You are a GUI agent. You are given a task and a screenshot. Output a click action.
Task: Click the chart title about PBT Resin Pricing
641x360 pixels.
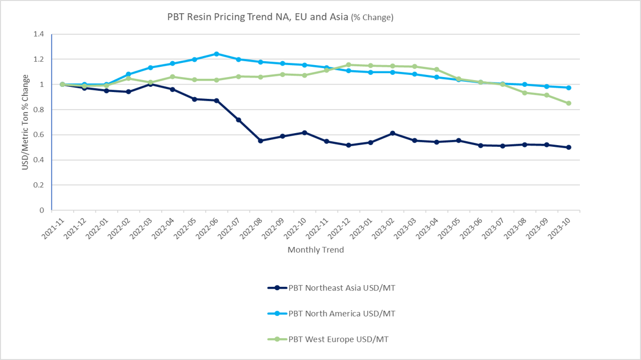pyautogui.click(x=280, y=17)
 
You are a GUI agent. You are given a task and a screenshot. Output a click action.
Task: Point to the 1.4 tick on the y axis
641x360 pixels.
pyautogui.click(x=39, y=34)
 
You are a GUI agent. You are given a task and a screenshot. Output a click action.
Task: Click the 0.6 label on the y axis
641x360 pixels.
pyautogui.click(x=39, y=135)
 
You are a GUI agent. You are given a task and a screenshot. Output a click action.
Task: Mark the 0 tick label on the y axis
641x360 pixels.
pyautogui.click(x=41, y=210)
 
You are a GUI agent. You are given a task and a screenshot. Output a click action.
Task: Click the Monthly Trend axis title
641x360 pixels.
pyautogui.click(x=315, y=250)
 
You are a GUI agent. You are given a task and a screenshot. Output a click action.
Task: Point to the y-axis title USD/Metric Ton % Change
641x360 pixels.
pyautogui.click(x=25, y=122)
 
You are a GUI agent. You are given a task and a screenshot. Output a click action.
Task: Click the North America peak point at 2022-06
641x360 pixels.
pyautogui.click(x=217, y=54)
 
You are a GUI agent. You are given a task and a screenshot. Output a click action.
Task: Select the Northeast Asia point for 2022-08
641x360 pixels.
pyautogui.click(x=261, y=141)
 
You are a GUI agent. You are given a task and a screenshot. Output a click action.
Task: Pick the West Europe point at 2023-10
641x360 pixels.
pyautogui.click(x=568, y=103)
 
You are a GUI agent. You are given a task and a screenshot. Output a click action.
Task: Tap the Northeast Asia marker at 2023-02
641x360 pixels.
pyautogui.click(x=392, y=133)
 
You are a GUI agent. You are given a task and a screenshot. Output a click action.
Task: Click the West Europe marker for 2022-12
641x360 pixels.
pyautogui.click(x=348, y=65)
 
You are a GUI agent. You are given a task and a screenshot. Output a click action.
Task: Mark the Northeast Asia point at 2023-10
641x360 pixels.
pyautogui.click(x=568, y=147)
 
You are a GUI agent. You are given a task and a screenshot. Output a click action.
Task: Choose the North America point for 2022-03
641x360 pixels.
pyautogui.click(x=150, y=67)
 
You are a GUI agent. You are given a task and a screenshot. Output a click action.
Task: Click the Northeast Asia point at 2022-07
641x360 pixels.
pyautogui.click(x=238, y=119)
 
